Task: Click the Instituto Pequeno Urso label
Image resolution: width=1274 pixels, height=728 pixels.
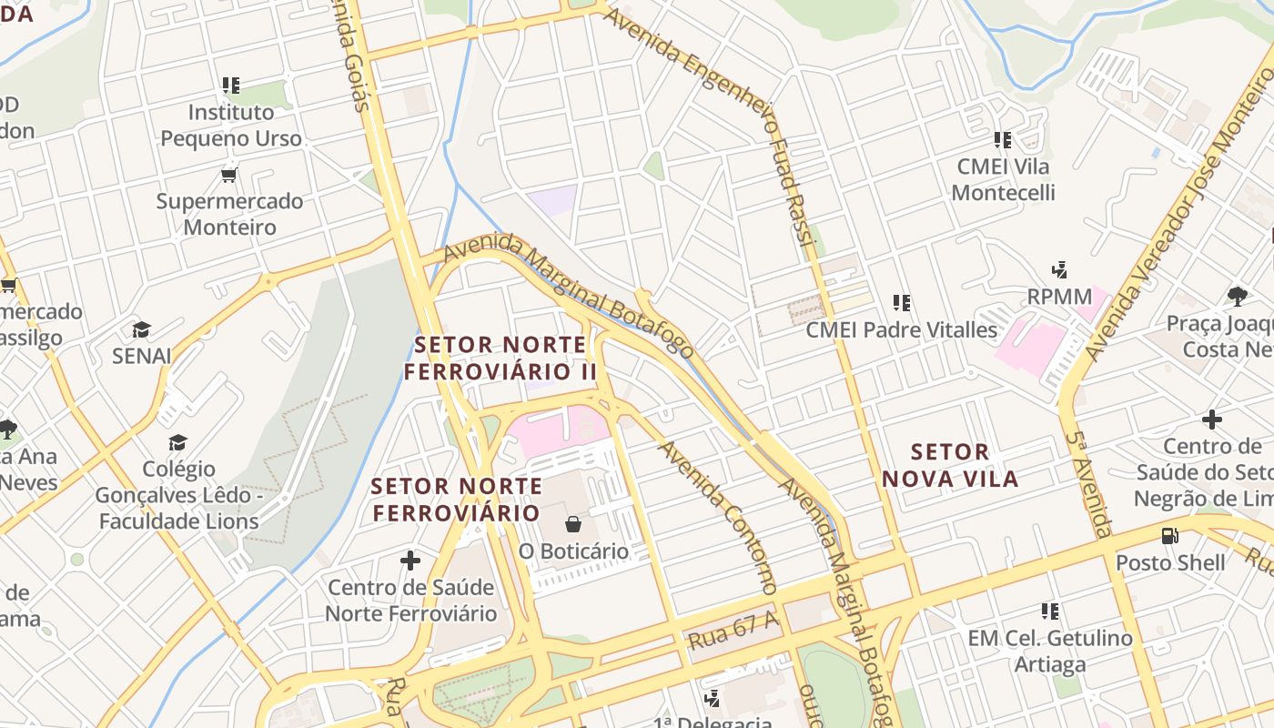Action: coord(230,126)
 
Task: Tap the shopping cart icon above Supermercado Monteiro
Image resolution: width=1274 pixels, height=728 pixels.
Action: coord(228,175)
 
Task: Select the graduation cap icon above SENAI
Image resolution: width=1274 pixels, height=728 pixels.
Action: coord(141,329)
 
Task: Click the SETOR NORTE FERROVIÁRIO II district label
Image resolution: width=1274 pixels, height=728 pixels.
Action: coord(500,359)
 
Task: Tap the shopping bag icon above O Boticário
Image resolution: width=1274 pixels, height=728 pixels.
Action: coord(573,524)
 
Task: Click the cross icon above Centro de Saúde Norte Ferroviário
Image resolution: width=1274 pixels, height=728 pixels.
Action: coord(410,561)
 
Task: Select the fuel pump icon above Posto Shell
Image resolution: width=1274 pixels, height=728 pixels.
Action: coord(1170,536)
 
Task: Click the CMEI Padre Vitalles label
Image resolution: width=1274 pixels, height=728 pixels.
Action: coord(902,330)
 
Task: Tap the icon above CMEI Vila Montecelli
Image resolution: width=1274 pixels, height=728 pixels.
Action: coord(1003,140)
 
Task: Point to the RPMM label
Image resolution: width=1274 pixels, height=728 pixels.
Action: coord(1059,297)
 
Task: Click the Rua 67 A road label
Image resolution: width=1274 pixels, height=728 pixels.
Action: coord(733,630)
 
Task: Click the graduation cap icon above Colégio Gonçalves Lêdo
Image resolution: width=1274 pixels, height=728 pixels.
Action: coord(177,443)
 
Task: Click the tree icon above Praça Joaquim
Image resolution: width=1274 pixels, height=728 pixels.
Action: coord(1237,296)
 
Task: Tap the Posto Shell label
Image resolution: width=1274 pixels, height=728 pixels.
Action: coord(1170,562)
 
